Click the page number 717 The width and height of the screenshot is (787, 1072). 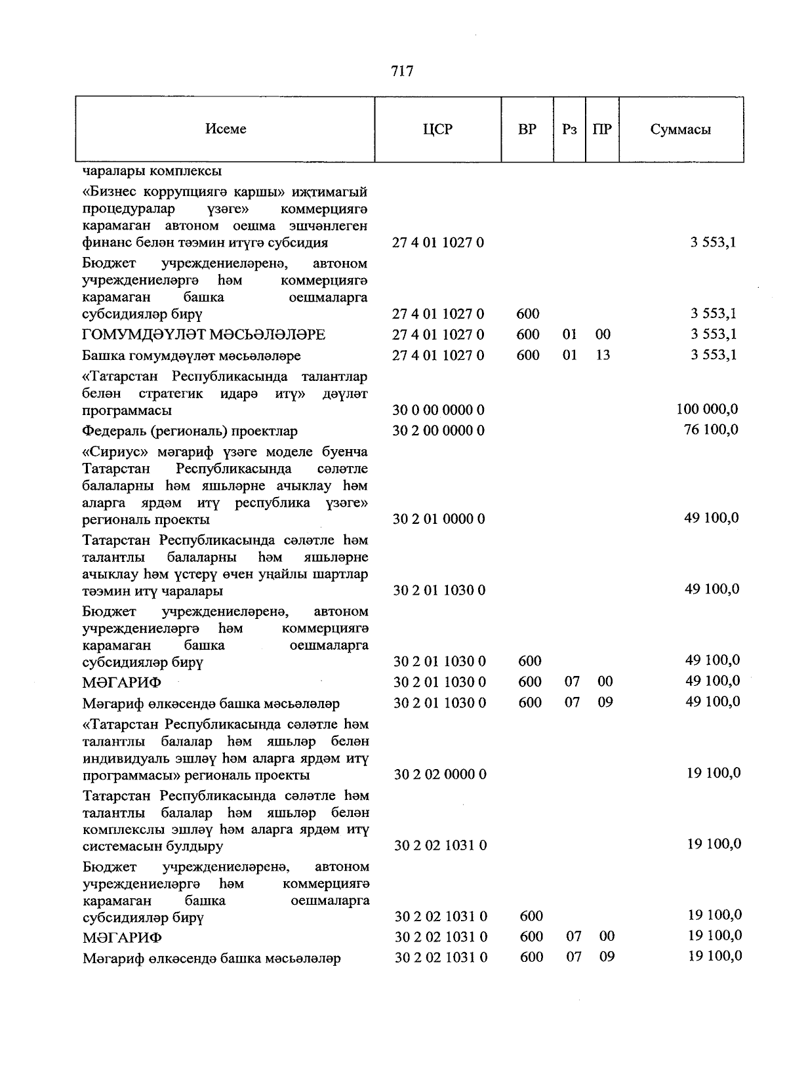(x=401, y=71)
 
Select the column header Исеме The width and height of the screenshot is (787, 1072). (x=226, y=129)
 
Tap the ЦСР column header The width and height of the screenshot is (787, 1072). (x=437, y=129)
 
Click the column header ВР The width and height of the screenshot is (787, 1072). (x=527, y=129)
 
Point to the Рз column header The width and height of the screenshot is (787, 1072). (x=569, y=129)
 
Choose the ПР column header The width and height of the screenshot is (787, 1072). (x=602, y=129)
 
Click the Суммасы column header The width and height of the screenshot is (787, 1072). (x=680, y=129)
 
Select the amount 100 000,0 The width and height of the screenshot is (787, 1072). (x=707, y=409)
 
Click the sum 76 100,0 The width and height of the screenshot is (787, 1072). (x=711, y=430)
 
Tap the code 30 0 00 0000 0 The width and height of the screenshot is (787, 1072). (x=438, y=410)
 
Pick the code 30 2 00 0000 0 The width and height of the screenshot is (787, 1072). (x=438, y=431)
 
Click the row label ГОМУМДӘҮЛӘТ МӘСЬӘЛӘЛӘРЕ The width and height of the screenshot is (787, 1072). (x=204, y=335)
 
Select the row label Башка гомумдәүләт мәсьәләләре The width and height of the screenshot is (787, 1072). (x=192, y=356)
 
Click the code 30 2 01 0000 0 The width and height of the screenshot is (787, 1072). (x=439, y=519)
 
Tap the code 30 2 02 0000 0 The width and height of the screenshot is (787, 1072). (x=440, y=775)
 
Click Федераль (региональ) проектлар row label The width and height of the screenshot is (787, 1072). (x=190, y=431)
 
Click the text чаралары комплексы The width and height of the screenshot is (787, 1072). (x=152, y=171)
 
